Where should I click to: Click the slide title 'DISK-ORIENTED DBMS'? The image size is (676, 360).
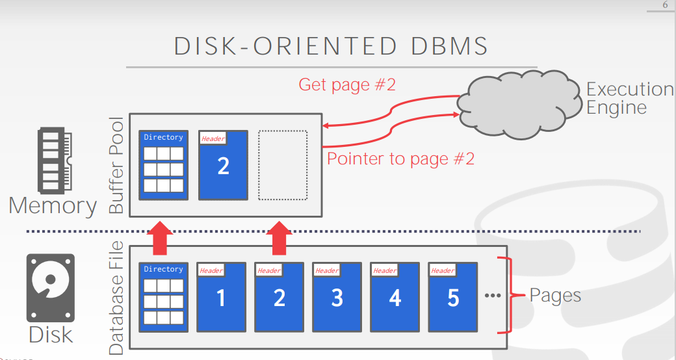331,47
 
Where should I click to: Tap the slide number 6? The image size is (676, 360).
665,5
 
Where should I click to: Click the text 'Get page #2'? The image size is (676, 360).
346,84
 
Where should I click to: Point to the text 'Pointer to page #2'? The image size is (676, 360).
400,158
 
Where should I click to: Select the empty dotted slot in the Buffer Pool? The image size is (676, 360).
283,165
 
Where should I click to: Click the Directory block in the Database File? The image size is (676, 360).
164,296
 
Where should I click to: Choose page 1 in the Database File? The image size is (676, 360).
221,296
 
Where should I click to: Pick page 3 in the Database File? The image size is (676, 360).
337,296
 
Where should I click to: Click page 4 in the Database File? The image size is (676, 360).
395,296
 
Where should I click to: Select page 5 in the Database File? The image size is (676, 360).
452,296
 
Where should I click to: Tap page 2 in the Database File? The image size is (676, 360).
279,296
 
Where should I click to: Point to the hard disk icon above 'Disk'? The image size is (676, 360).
51,288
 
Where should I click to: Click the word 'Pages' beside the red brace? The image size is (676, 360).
555,296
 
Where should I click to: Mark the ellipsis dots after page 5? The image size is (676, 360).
493,296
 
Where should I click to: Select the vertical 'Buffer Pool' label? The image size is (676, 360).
116,166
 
